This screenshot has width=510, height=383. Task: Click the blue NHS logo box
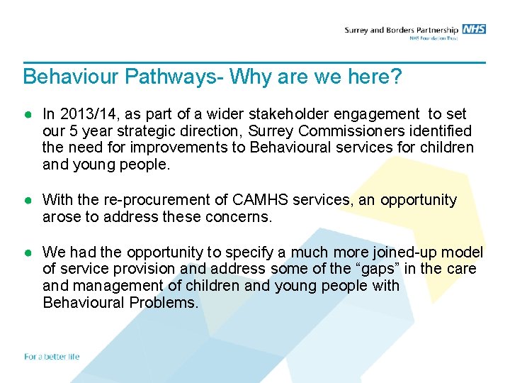coord(474,29)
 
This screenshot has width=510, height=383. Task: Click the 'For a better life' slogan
coord(52,356)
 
